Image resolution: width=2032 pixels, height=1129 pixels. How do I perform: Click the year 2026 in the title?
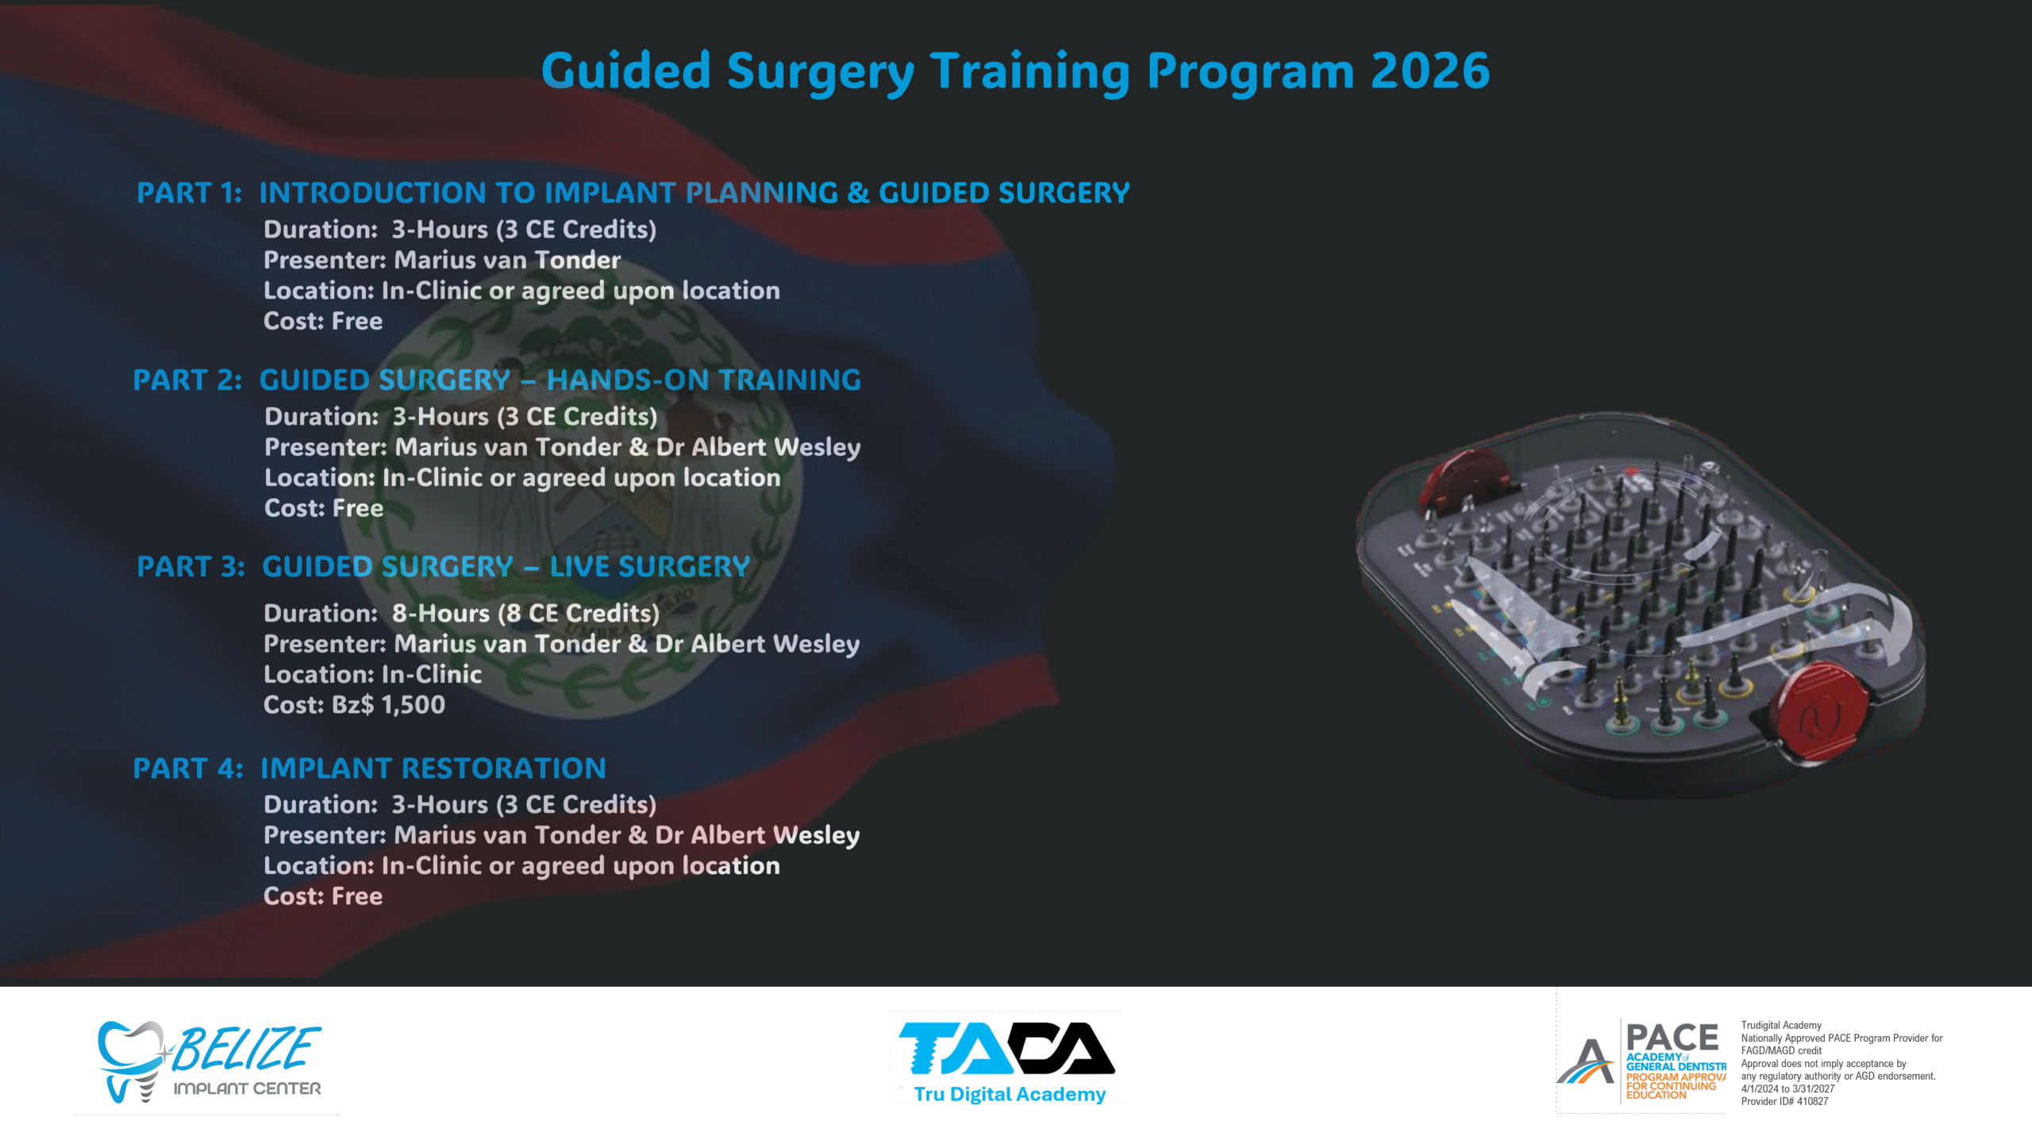click(1430, 71)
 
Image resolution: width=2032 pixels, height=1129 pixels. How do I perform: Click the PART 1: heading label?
click(190, 193)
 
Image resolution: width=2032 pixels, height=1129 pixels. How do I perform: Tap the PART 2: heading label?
click(187, 380)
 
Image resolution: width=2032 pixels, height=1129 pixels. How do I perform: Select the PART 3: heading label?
click(191, 567)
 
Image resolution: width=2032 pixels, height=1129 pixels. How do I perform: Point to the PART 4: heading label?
click(188, 769)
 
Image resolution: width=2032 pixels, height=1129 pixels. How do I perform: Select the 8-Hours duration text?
click(441, 614)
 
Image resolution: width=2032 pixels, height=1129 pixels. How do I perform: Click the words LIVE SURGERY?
click(650, 567)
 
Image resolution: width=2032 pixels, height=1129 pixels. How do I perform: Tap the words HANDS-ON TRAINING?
click(704, 380)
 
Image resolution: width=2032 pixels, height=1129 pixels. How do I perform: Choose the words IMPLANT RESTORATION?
click(433, 769)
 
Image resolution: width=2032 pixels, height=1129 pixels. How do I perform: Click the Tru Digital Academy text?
click(1010, 1095)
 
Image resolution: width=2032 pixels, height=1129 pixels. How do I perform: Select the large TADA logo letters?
click(1006, 1048)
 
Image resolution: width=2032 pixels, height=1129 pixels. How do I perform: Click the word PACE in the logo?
click(1672, 1038)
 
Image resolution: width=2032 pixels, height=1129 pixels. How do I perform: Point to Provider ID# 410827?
click(1785, 1102)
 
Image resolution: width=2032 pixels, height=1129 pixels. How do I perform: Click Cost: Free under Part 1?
click(323, 322)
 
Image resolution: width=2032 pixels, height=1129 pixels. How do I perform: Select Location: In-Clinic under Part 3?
click(373, 675)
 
